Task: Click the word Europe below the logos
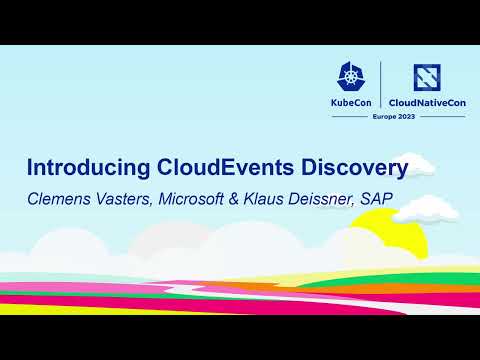click(x=384, y=117)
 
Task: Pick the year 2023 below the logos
click(x=408, y=117)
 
